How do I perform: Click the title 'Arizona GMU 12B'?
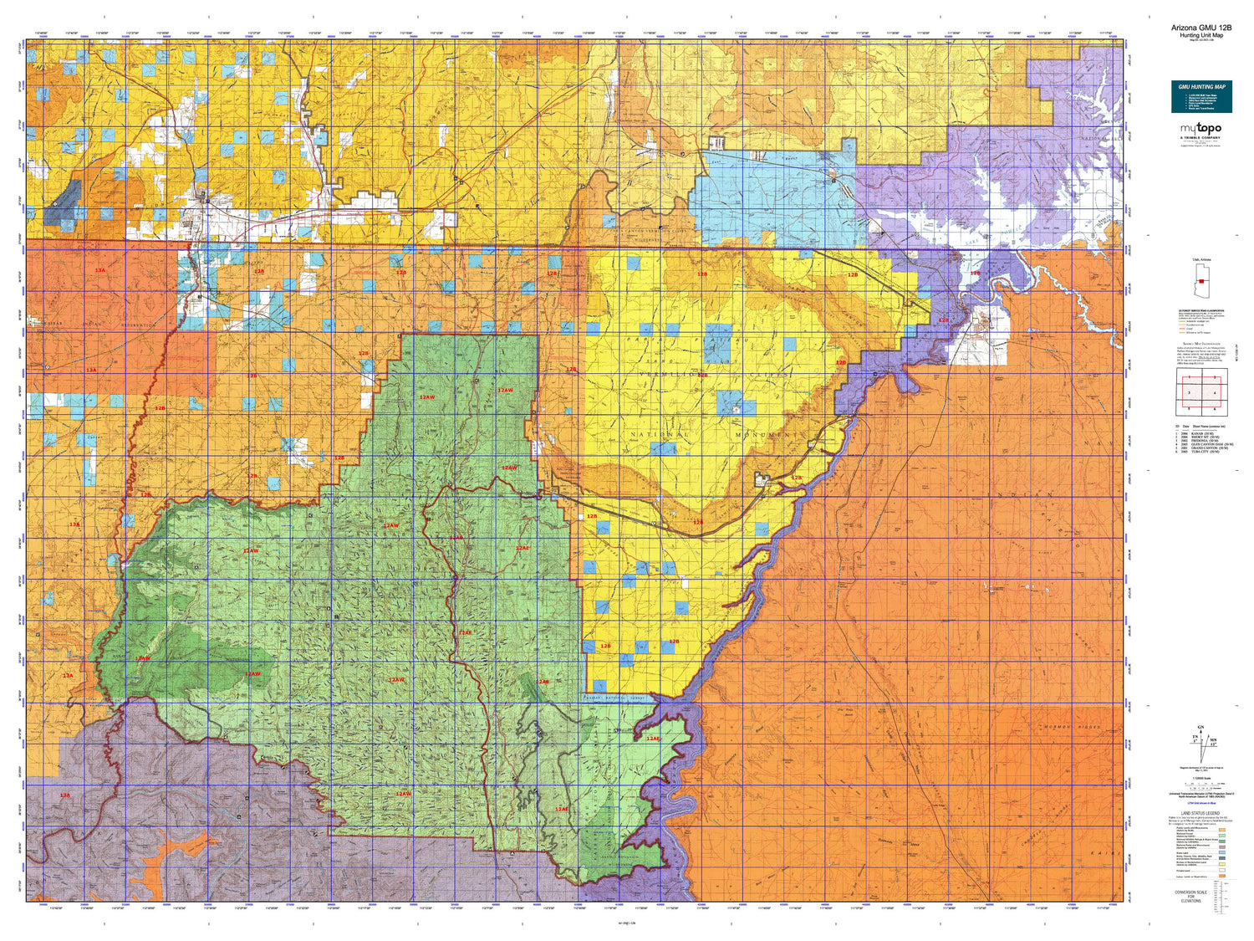(x=1200, y=28)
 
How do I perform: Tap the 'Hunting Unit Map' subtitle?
(x=1200, y=35)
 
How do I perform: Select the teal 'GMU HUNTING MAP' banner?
(x=1201, y=96)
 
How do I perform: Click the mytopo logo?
(x=1200, y=130)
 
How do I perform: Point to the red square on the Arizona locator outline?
(x=1201, y=281)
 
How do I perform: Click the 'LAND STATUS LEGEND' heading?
(x=1200, y=813)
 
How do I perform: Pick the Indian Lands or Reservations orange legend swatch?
(x=1223, y=877)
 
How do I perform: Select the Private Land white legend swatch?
(x=1223, y=869)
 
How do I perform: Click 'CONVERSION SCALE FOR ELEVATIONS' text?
(x=1190, y=895)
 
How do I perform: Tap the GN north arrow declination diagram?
(x=1201, y=739)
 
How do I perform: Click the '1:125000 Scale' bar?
(x=1200, y=784)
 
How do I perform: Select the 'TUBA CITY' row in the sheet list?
(x=1200, y=452)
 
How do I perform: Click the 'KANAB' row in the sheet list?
(x=1200, y=432)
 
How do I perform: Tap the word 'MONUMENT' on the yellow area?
(x=769, y=436)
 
